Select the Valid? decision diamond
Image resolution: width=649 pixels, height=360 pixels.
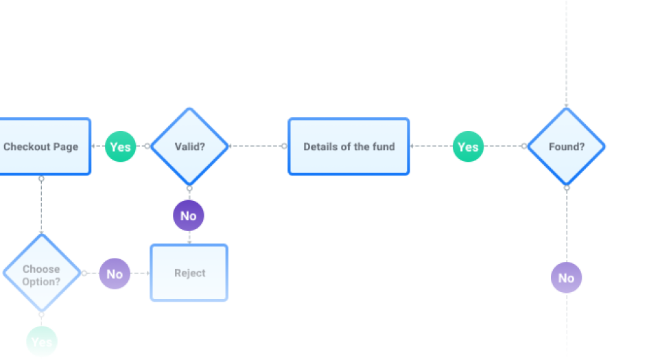click(x=189, y=146)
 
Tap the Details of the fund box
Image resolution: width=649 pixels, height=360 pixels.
click(x=349, y=146)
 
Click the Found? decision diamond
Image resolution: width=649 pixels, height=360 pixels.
click(x=566, y=146)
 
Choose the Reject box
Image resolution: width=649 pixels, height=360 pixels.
click(x=189, y=273)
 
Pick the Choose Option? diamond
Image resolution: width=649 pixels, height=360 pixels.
click(x=41, y=274)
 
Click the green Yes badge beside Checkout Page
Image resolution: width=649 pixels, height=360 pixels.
click(x=120, y=146)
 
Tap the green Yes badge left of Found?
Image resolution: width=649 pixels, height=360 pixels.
click(x=468, y=146)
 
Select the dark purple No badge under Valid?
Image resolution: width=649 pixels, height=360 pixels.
click(x=189, y=216)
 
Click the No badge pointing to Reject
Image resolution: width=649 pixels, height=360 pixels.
click(x=115, y=274)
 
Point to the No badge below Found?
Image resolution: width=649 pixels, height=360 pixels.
click(x=566, y=278)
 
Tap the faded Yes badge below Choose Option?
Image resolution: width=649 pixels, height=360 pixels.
click(x=42, y=341)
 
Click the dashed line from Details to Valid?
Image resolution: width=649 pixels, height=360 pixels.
click(x=257, y=146)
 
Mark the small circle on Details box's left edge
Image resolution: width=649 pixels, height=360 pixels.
click(x=285, y=146)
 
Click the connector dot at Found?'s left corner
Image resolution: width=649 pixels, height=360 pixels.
click(x=524, y=146)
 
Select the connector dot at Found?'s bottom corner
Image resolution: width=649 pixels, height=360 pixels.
click(x=567, y=187)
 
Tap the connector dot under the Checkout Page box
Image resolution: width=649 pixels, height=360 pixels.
click(x=41, y=178)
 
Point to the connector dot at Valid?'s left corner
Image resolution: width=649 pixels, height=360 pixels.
click(x=147, y=146)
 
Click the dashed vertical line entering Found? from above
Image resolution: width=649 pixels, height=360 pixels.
click(x=567, y=55)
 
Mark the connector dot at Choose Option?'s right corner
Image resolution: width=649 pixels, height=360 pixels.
click(x=84, y=274)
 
